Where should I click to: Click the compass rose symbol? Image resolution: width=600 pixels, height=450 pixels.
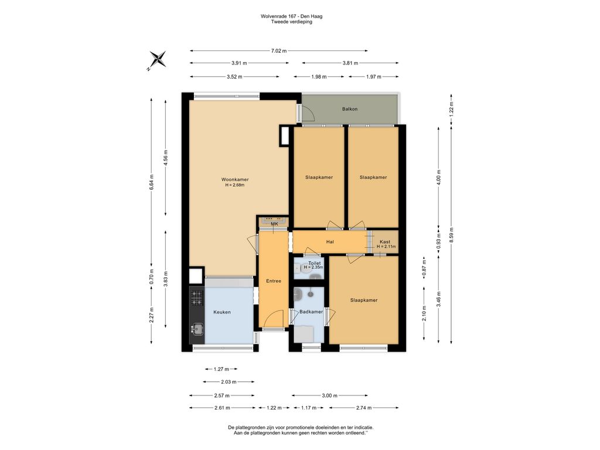click(x=157, y=60)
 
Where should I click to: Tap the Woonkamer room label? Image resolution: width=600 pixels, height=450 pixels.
click(x=234, y=179)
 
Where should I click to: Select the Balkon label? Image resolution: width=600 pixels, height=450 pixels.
click(x=350, y=109)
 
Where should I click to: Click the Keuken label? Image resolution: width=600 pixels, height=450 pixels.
click(x=221, y=312)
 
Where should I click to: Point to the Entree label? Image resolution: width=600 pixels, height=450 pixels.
click(x=273, y=281)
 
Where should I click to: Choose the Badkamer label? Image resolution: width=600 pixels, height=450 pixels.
click(x=311, y=312)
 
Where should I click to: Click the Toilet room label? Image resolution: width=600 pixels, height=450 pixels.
click(x=315, y=264)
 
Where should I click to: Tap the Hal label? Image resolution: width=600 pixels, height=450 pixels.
click(x=330, y=241)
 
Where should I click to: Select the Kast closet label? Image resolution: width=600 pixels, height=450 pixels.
click(x=385, y=242)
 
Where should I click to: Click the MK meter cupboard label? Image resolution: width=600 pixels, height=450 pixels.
click(x=274, y=224)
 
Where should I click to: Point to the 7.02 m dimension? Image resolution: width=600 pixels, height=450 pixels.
click(x=279, y=51)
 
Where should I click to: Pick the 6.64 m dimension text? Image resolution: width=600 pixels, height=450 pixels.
click(x=152, y=183)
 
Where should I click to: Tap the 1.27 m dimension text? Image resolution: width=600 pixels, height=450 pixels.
click(x=221, y=369)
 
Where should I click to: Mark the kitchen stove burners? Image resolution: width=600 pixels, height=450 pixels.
click(x=196, y=298)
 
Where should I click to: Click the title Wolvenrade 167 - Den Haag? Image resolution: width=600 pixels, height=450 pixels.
click(x=291, y=16)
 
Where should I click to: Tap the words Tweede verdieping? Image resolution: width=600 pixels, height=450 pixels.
click(x=291, y=22)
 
